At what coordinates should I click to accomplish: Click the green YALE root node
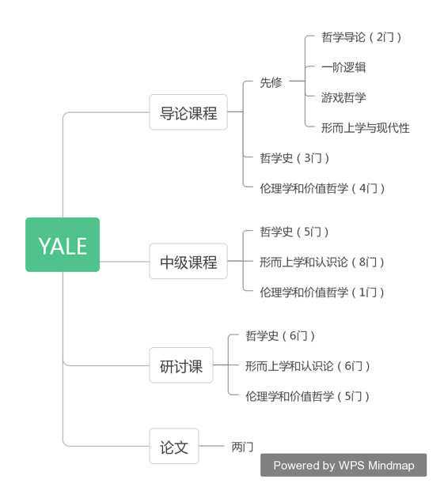click(x=63, y=244)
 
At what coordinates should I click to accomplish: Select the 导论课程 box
click(x=188, y=112)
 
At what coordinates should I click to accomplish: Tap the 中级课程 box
click(x=188, y=261)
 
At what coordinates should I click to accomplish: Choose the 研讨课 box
click(x=181, y=365)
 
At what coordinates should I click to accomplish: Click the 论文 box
click(x=174, y=446)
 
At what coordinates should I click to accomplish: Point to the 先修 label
click(x=271, y=83)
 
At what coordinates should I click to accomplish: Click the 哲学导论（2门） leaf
click(x=361, y=37)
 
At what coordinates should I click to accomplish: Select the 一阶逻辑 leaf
click(x=343, y=67)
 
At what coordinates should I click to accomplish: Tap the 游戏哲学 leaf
click(x=343, y=98)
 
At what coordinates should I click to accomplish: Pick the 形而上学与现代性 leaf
click(x=366, y=128)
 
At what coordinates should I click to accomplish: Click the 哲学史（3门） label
click(x=294, y=158)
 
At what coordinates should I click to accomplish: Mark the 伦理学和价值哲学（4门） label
click(x=322, y=188)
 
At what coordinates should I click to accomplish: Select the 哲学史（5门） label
click(x=294, y=232)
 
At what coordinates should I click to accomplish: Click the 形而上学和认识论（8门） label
click(x=322, y=262)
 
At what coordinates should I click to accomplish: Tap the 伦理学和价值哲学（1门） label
click(x=322, y=293)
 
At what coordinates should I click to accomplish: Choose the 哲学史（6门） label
click(x=280, y=336)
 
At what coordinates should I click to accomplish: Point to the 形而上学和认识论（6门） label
click(x=307, y=366)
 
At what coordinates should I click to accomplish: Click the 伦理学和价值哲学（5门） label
click(x=307, y=396)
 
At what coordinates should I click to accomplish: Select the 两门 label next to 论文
click(x=242, y=447)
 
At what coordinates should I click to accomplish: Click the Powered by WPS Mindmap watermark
click(x=343, y=466)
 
